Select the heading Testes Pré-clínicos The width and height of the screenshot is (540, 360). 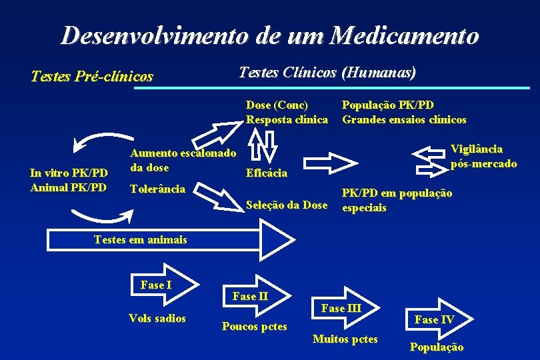[92, 77]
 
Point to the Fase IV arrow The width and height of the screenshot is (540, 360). [437, 319]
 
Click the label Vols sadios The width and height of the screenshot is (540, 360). [157, 318]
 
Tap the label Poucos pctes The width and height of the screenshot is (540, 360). [255, 326]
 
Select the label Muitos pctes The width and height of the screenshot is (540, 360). [345, 339]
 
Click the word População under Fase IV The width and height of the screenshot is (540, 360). [437, 347]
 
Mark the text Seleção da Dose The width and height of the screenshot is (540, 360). [287, 205]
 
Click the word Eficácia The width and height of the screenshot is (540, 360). [267, 173]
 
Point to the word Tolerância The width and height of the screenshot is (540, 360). [157, 189]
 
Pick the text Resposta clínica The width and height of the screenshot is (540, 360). [287, 120]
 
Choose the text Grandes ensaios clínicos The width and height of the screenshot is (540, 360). [404, 120]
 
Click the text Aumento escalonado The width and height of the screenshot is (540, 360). [183, 154]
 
